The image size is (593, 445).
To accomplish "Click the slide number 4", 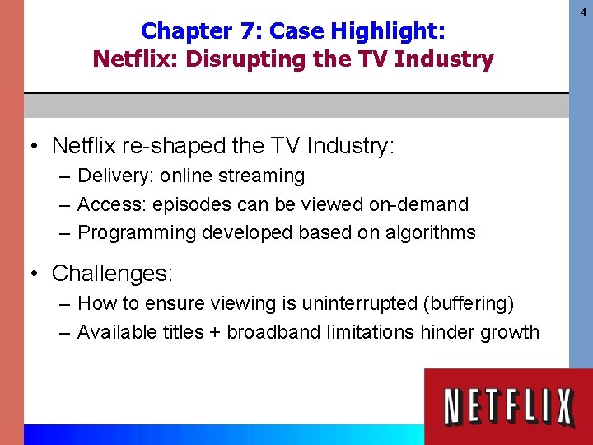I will point(581,12).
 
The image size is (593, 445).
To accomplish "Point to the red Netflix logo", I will point(508,407).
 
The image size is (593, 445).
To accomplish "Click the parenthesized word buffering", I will point(468,303).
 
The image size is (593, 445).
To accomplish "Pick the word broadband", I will point(275,332).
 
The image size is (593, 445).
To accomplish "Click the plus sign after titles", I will point(213,333).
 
